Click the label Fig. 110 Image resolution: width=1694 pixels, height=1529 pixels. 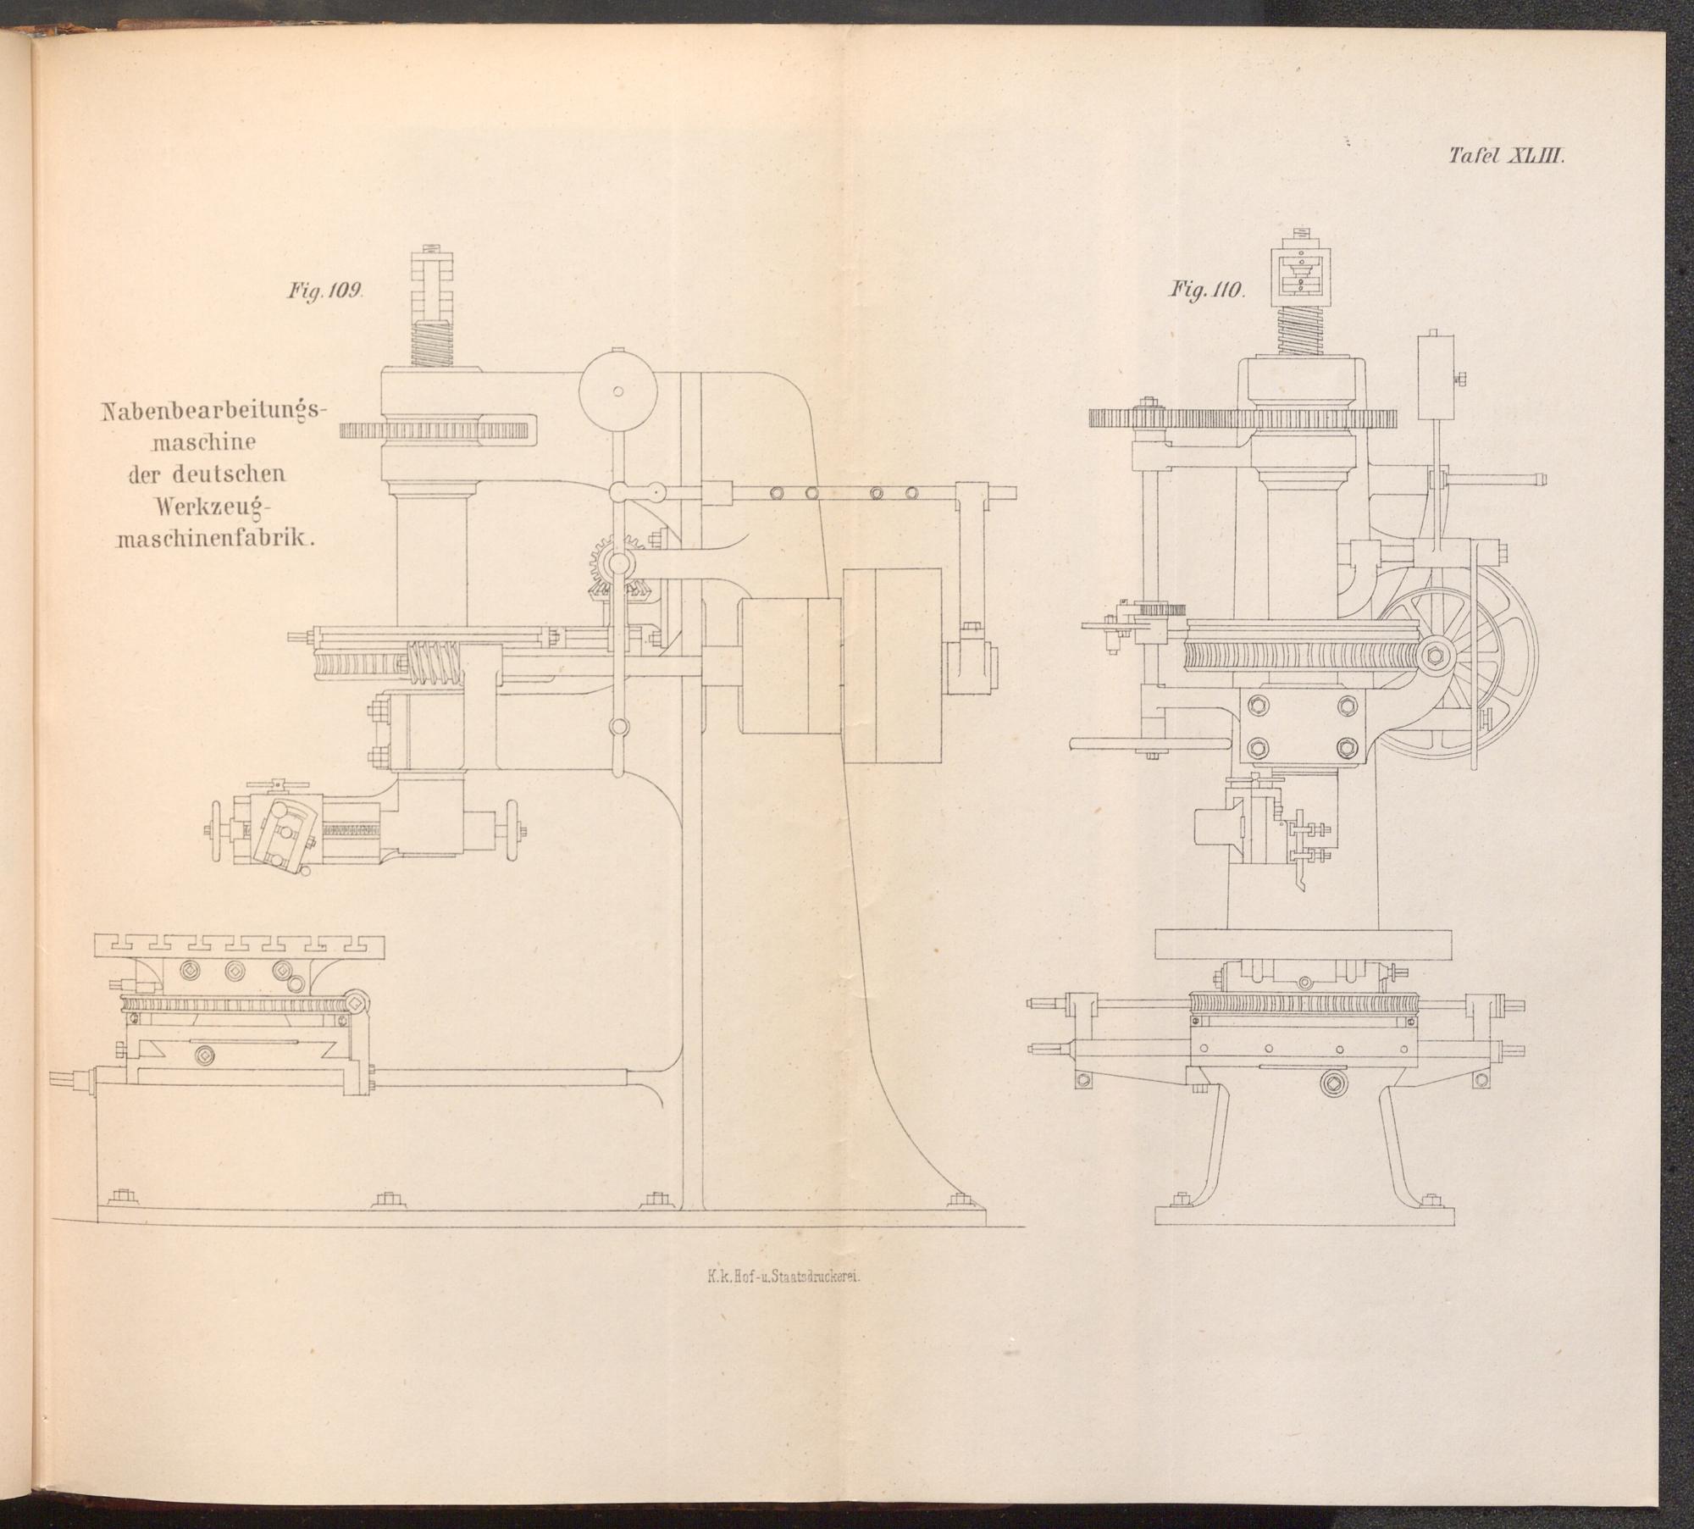pyautogui.click(x=1207, y=290)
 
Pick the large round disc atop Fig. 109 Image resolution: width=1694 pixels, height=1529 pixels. pyautogui.click(x=618, y=391)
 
